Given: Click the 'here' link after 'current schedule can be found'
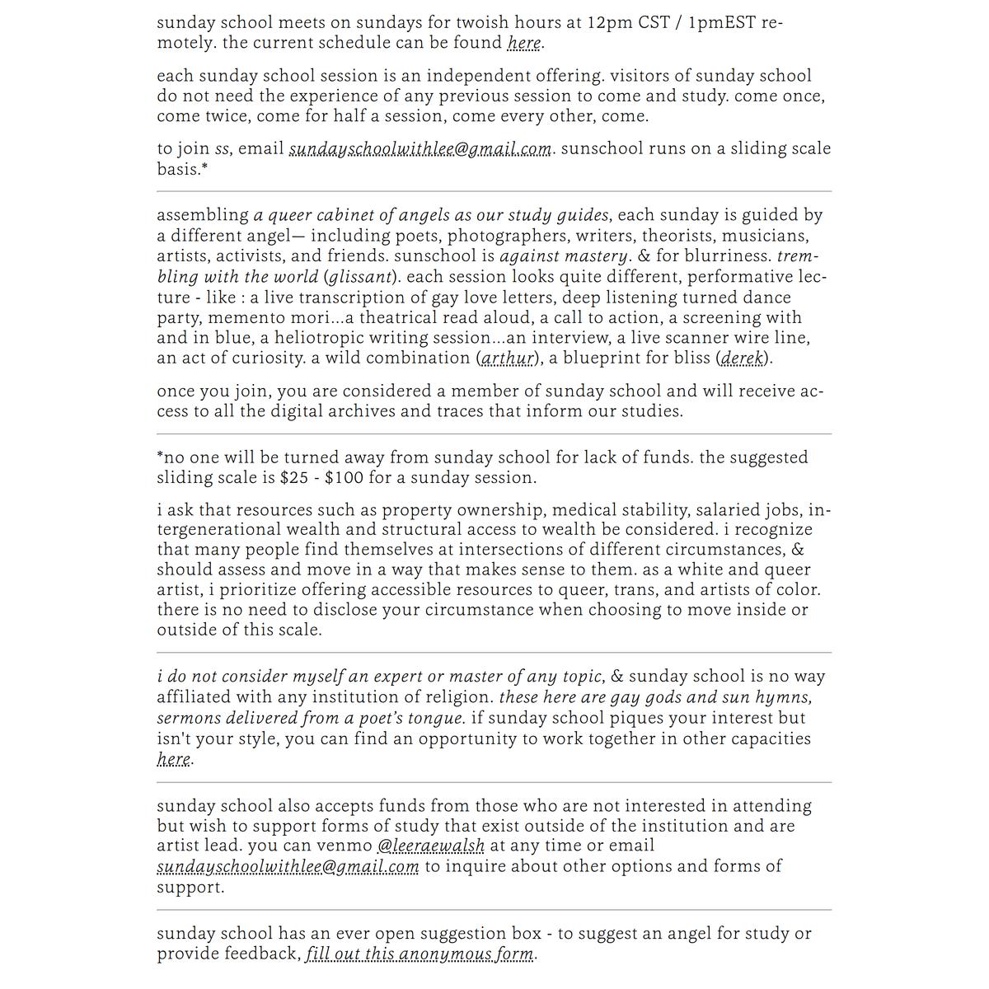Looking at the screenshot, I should (524, 43).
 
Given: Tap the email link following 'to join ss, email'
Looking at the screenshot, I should (420, 149).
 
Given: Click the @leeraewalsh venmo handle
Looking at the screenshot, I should (430, 846).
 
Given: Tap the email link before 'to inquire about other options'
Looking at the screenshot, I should (288, 867).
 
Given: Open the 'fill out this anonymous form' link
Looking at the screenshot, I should (420, 954).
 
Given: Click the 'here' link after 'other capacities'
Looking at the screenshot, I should (173, 759).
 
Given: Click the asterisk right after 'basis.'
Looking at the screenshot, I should (204, 168).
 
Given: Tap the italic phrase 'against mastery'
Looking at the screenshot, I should (564, 256).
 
